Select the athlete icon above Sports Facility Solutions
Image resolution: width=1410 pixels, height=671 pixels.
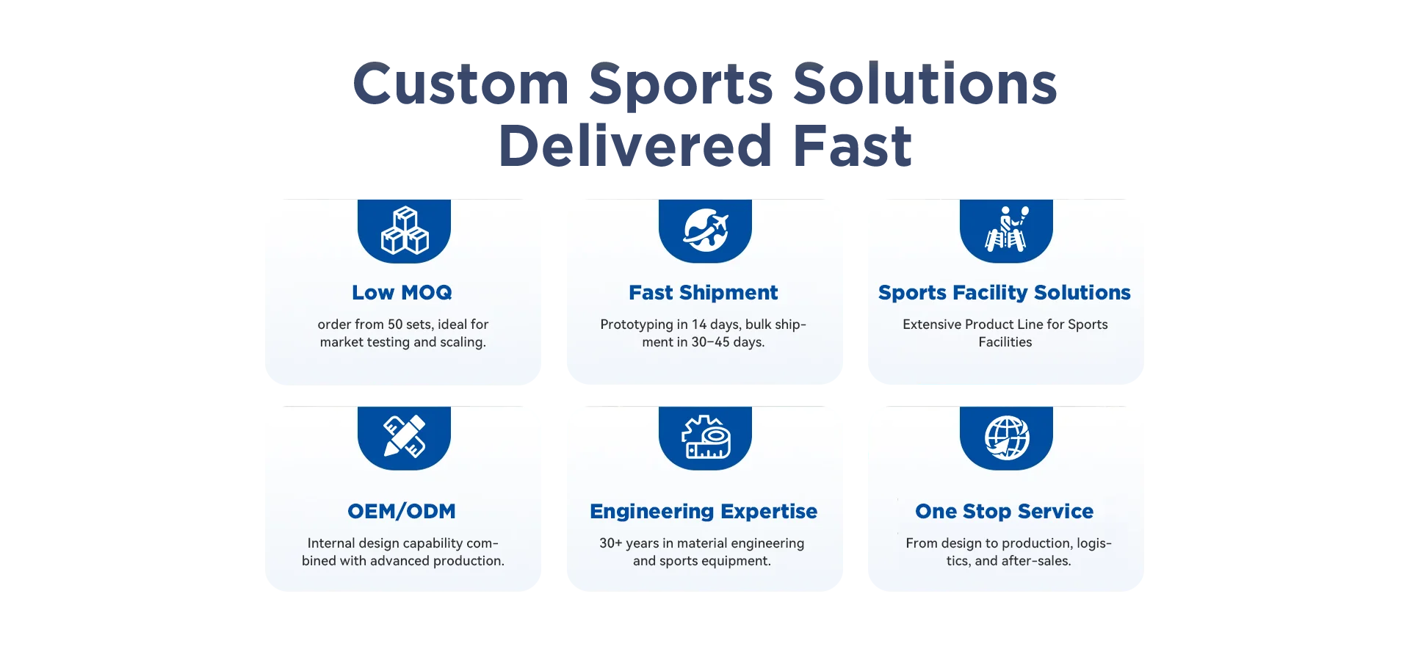[x=1006, y=230]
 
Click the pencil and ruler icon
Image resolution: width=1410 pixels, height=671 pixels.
[x=404, y=437]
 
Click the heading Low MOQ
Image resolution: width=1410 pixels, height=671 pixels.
[x=402, y=292]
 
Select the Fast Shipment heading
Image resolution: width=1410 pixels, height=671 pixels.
[x=703, y=292]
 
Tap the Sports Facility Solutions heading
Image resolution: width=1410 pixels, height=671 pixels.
[x=1004, y=292]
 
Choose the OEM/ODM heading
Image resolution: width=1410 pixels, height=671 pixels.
[x=402, y=511]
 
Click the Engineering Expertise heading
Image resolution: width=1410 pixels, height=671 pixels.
[x=703, y=511]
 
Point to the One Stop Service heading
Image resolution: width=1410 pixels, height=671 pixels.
[x=1004, y=511]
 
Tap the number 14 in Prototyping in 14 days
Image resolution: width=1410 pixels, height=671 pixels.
[x=698, y=324]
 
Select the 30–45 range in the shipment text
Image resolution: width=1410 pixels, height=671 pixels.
[x=710, y=342]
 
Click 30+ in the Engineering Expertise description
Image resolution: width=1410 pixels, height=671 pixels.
[x=610, y=543]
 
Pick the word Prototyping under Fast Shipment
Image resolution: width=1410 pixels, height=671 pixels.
[x=636, y=324]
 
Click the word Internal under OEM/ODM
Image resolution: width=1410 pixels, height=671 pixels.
[x=332, y=543]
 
